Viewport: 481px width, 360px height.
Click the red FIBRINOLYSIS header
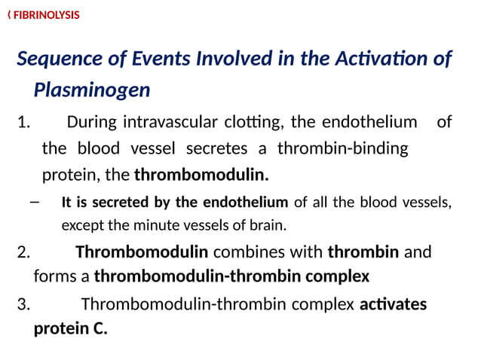[46, 14]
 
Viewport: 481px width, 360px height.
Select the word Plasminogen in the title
[92, 90]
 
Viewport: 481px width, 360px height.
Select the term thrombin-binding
[343, 148]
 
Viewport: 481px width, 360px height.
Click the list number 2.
[23, 252]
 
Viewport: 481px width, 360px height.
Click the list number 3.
[23, 304]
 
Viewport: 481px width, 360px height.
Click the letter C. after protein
[100, 329]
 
